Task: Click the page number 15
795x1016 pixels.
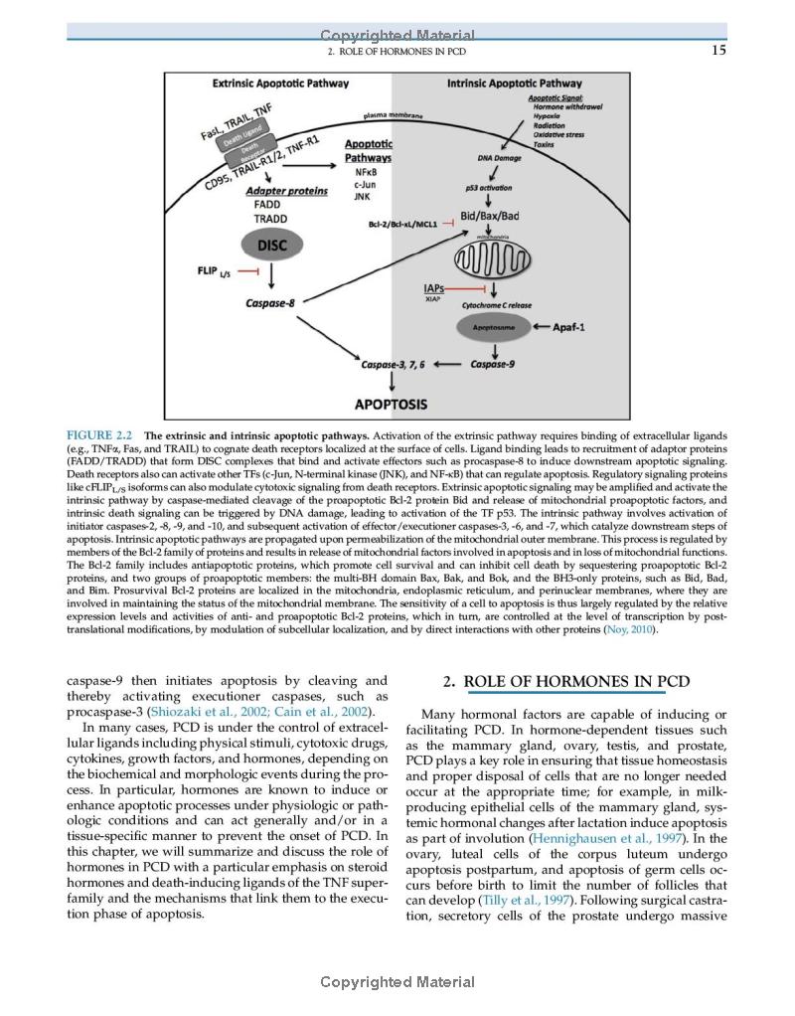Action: (x=718, y=51)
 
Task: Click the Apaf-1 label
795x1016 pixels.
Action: (x=575, y=325)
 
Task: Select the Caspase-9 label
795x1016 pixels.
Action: (x=492, y=364)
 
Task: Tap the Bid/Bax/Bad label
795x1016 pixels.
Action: (x=490, y=216)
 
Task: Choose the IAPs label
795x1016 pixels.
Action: (x=433, y=288)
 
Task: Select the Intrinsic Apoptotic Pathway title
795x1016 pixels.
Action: (x=515, y=84)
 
